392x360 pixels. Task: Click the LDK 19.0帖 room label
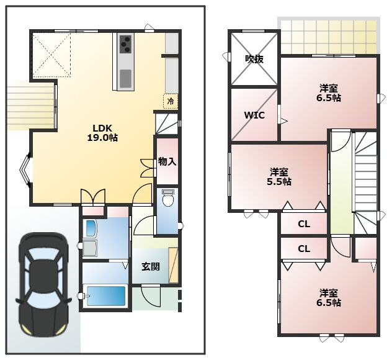point(102,133)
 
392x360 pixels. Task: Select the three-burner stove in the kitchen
point(125,45)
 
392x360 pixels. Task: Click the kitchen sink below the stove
point(125,78)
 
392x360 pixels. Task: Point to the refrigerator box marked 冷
point(171,101)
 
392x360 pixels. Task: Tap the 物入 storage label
point(167,162)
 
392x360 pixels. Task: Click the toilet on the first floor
point(167,198)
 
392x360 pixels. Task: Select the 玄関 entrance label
point(151,267)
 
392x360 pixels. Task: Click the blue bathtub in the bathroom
point(105,295)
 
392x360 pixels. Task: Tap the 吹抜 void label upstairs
point(254,60)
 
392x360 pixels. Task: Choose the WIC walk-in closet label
point(254,115)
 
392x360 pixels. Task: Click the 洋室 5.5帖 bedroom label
point(279,177)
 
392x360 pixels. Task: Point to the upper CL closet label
point(304,224)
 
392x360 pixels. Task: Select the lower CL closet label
point(304,249)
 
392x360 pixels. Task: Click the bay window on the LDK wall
point(25,170)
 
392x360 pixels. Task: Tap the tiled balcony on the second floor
point(329,37)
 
